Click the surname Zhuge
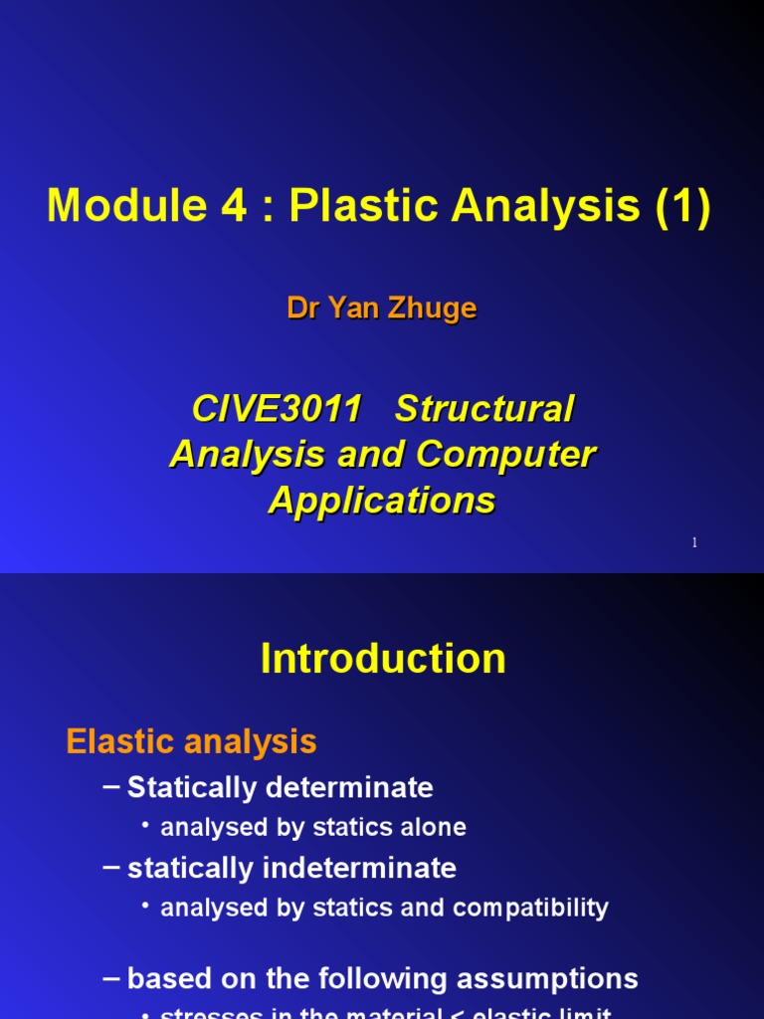coord(433,308)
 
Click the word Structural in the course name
coord(484,409)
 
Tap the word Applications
coord(382,501)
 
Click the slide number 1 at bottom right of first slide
coord(694,542)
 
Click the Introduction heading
coord(383,659)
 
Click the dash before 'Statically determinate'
coord(112,787)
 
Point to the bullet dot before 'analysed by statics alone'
coord(145,826)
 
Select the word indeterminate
coord(359,868)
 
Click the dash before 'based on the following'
coord(112,978)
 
